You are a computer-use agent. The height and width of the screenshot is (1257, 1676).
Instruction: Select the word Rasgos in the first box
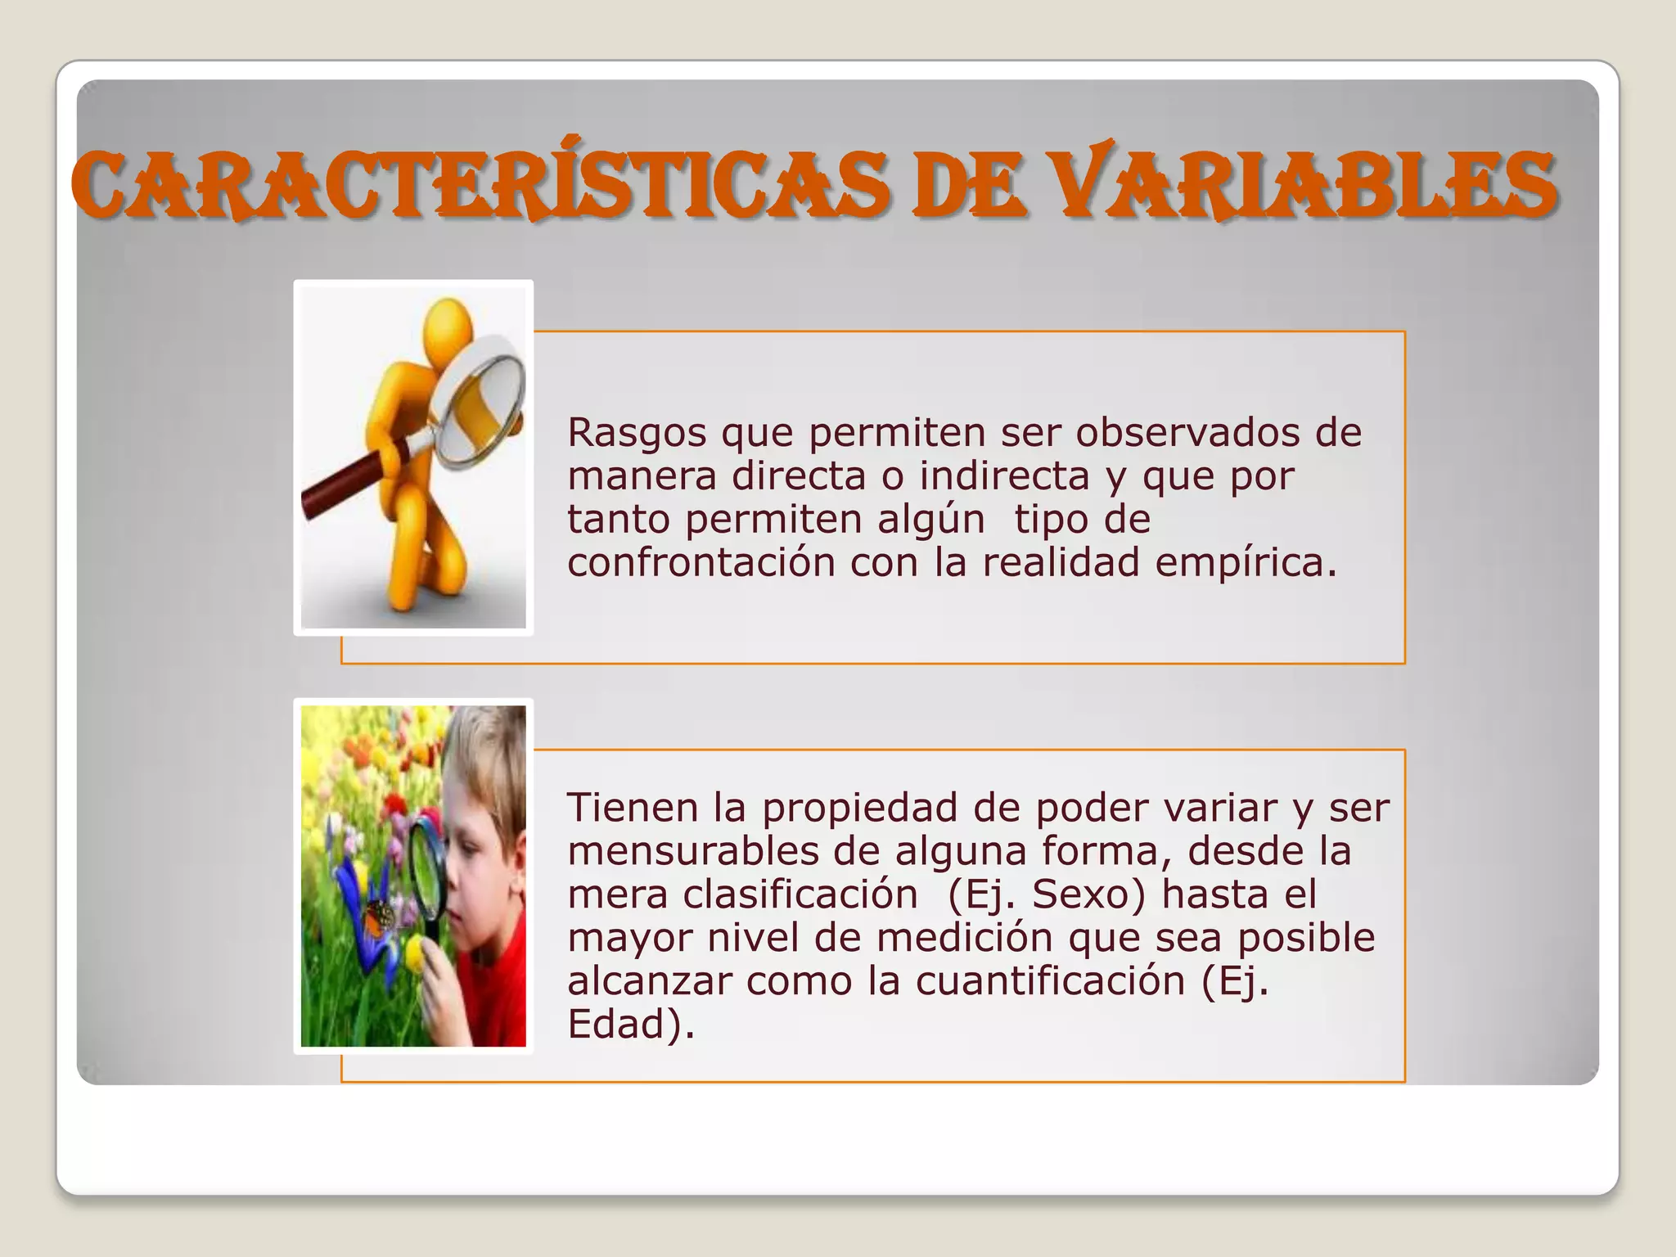(637, 434)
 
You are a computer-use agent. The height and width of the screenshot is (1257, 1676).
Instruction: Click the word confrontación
(702, 562)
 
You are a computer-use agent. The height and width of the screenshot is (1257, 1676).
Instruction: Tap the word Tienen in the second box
(633, 808)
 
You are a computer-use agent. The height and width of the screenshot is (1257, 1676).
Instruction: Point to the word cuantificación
(1050, 980)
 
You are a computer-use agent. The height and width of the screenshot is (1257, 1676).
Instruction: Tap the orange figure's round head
(447, 325)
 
